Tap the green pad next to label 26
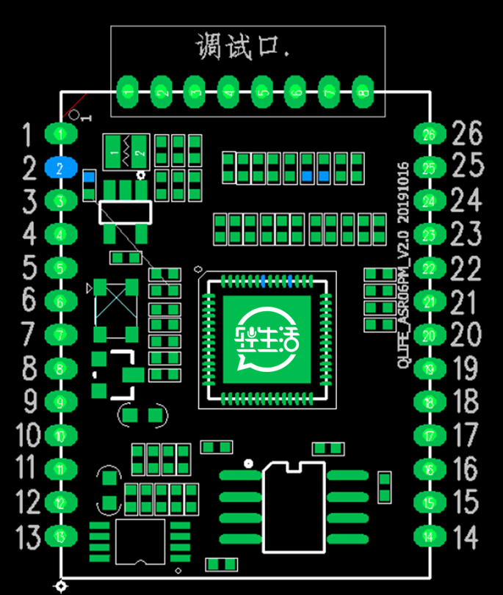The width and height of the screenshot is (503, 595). coord(429,134)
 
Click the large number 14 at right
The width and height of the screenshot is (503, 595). coord(465,537)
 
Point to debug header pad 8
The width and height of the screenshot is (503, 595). coord(361,92)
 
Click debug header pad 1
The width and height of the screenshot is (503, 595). coord(128,92)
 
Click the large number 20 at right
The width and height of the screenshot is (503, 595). coord(465,336)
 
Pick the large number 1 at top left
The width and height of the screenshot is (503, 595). coord(28,135)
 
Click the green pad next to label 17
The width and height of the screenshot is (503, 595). coord(429,436)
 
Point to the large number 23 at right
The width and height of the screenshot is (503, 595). coord(466,235)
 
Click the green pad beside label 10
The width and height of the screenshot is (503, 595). coord(61,436)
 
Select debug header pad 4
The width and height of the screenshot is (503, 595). coord(228,92)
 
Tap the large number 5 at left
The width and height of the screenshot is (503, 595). coord(29,268)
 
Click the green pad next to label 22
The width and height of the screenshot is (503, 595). coord(429,269)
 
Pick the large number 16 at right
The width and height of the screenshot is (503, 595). coord(466,470)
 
